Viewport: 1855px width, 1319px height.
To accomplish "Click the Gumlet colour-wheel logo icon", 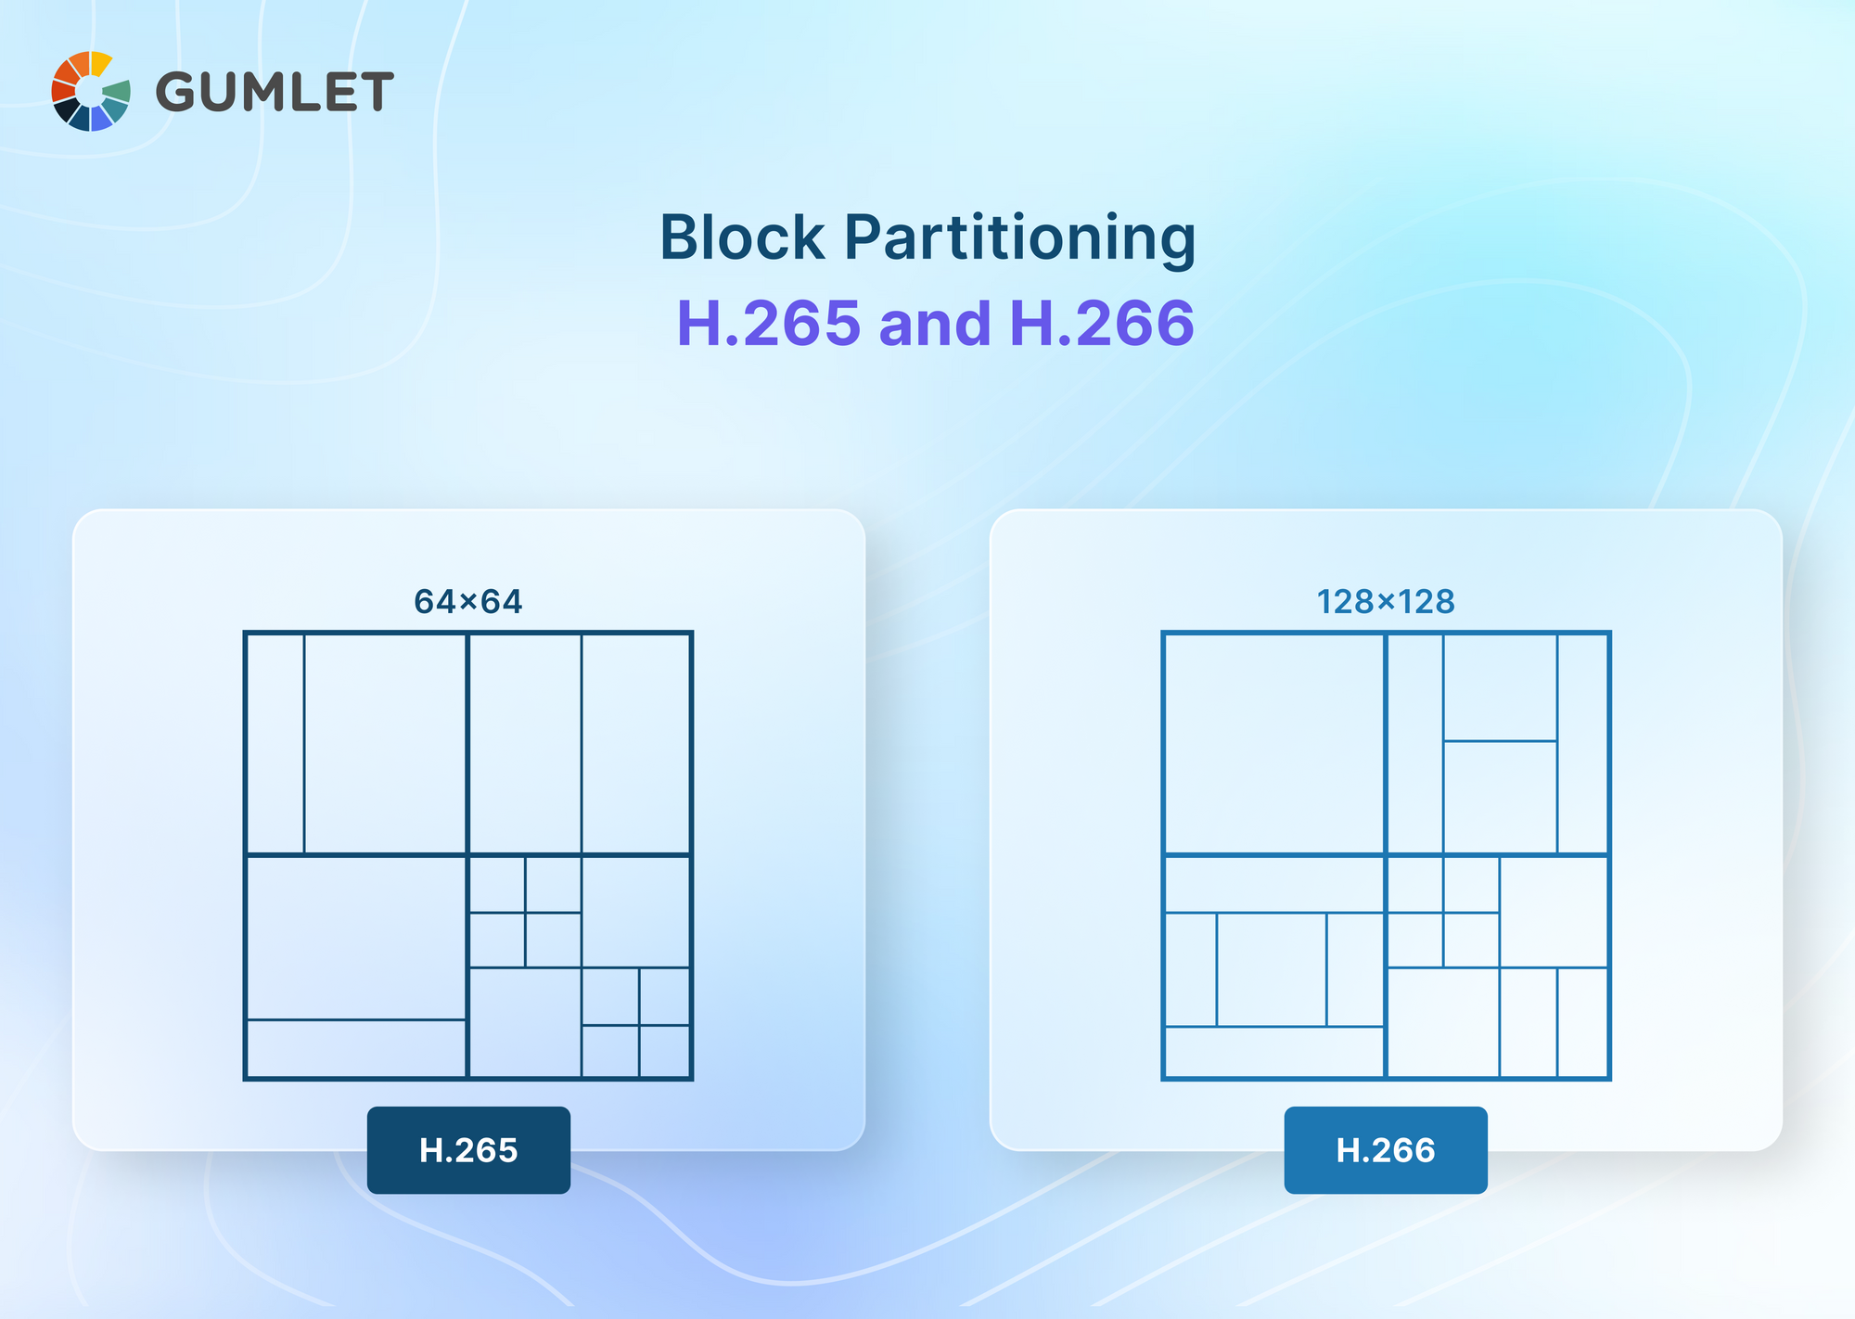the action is pos(91,91).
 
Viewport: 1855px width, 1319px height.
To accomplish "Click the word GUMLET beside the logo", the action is pos(275,92).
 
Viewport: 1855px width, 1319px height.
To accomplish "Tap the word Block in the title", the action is pos(742,237).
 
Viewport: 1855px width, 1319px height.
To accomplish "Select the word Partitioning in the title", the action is pos(1020,239).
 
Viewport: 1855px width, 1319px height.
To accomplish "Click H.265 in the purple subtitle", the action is pos(770,324).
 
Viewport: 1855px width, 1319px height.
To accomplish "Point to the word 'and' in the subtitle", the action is pos(935,324).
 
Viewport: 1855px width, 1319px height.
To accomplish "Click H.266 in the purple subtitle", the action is pos(1102,324).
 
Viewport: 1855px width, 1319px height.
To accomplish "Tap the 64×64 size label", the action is pos(468,602).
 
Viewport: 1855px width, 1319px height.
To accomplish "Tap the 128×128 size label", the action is pos(1386,602).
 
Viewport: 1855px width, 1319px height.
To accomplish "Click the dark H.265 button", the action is pos(468,1150).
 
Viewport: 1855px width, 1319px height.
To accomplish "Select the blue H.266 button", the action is pos(1386,1150).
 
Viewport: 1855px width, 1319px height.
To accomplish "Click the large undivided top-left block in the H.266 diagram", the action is pos(1274,744).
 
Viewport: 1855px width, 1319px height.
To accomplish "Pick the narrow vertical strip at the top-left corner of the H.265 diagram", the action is pos(275,744).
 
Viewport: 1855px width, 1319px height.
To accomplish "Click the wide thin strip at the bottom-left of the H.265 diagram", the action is pos(356,1048).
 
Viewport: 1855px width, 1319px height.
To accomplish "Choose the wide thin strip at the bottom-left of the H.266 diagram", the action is pos(1274,1052).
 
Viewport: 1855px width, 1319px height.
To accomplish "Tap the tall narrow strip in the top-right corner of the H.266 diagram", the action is pos(1582,744).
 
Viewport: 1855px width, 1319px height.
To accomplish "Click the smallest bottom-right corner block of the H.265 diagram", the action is pos(664,1051).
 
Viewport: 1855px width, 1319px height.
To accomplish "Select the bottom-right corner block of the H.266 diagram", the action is pos(1582,1022).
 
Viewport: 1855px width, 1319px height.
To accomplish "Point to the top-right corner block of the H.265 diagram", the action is pos(635,744).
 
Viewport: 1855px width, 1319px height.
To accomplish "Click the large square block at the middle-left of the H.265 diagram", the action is pos(356,938).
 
